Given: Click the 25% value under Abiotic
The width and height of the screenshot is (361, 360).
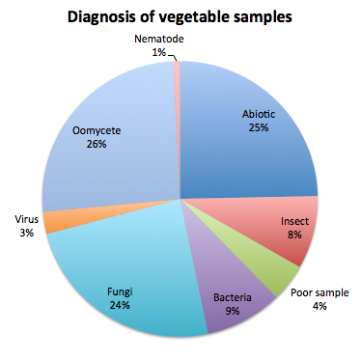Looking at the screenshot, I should [257, 126].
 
